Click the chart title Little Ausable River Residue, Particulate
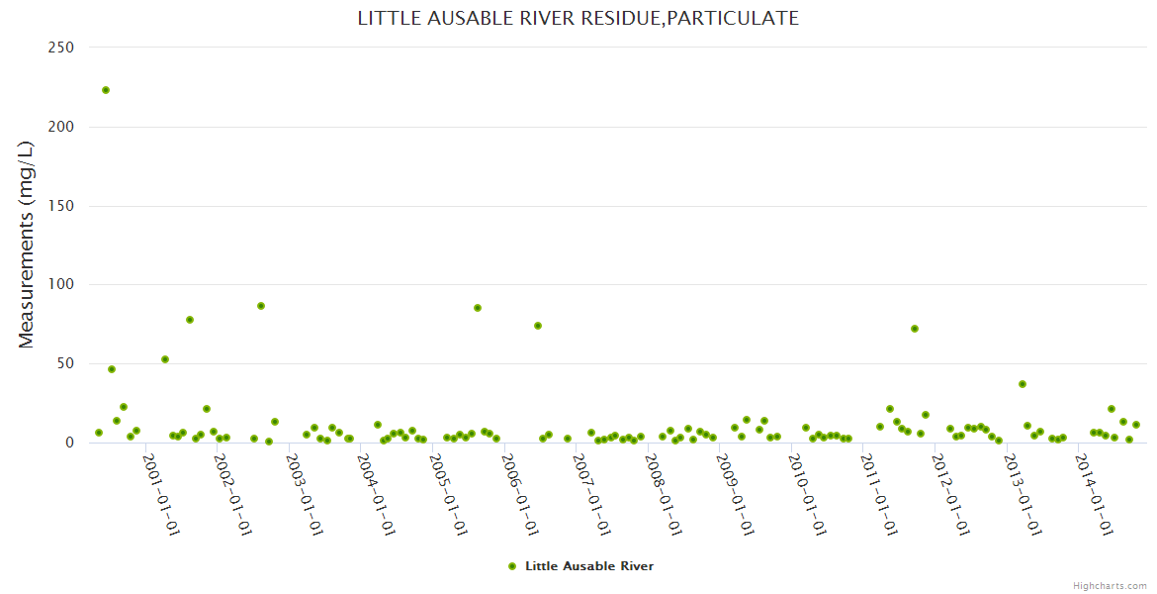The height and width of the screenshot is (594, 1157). (x=578, y=18)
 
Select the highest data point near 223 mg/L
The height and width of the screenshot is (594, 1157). (x=106, y=90)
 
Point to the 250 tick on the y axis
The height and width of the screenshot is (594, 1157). (x=62, y=48)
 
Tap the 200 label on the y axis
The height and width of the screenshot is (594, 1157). (x=62, y=127)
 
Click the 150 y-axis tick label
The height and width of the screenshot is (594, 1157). (x=62, y=206)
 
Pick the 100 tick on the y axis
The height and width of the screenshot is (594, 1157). (x=62, y=285)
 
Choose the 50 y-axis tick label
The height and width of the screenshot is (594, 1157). (x=67, y=363)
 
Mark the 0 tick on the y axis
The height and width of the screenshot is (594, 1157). (x=70, y=443)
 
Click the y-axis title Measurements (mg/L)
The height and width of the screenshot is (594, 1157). (x=27, y=245)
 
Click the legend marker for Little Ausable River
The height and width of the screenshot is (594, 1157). (x=512, y=566)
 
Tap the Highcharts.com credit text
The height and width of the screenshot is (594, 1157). (x=1110, y=585)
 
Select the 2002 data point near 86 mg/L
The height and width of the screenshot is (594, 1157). (x=261, y=306)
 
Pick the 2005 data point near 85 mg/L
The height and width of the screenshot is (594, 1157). (x=478, y=308)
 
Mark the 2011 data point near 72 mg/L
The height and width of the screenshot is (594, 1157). (x=915, y=329)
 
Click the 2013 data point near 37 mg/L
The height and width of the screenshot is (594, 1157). (x=1023, y=384)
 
